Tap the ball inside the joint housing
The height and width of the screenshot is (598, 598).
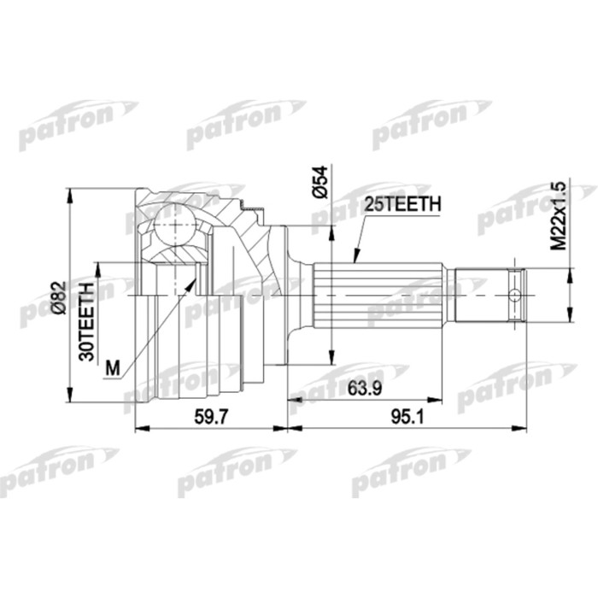coord(176,226)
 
